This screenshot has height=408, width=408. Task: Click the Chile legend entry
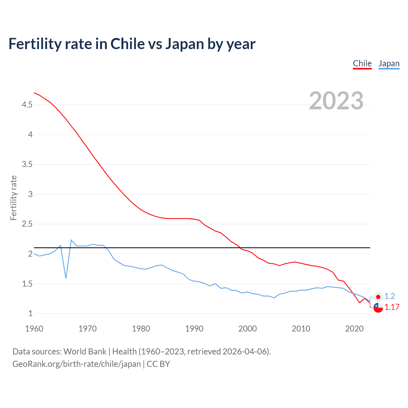coord(362,63)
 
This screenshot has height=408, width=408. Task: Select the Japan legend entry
coord(389,63)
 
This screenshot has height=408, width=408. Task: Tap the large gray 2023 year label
coord(336,101)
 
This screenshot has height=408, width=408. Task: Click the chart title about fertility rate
coord(132,44)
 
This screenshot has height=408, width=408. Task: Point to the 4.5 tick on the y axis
coord(27,105)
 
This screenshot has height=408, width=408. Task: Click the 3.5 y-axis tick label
coord(27,164)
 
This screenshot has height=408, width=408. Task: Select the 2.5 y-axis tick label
coord(27,224)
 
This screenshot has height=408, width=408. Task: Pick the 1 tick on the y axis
coord(31,313)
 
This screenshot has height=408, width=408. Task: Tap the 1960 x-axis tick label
coord(34,329)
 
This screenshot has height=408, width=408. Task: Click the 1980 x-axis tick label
coord(141,329)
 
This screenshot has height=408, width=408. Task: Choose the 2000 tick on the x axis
coord(247,329)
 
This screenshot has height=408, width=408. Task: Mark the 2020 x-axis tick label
coord(354,329)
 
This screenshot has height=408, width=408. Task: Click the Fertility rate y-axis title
coord(13,198)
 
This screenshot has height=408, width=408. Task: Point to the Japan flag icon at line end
coord(378,297)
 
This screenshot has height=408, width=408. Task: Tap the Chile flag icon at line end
coord(378,308)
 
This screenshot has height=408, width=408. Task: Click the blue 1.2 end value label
coord(390,296)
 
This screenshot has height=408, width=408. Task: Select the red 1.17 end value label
coord(392,307)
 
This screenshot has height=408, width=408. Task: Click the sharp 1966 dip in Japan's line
coord(66,278)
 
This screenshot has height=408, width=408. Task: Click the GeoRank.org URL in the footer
coord(76,364)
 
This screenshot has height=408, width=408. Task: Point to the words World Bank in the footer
coord(85,352)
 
